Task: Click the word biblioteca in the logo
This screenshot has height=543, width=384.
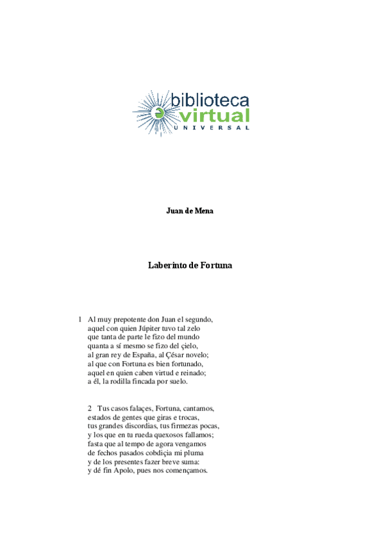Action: click(210, 100)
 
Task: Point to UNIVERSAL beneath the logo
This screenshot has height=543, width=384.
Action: click(212, 128)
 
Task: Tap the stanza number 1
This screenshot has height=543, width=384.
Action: click(80, 319)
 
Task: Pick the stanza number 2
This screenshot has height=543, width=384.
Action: click(90, 408)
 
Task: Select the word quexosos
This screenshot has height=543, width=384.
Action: click(173, 435)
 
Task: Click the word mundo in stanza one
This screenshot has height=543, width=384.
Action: click(187, 337)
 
